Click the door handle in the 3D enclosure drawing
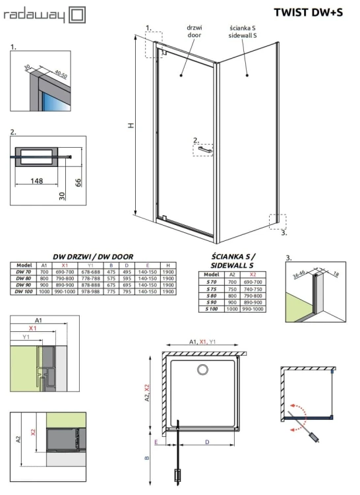[x=204, y=150]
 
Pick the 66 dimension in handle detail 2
[x=77, y=181]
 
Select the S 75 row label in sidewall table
[x=211, y=289]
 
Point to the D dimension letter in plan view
[x=208, y=441]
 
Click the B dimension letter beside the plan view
[x=148, y=457]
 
